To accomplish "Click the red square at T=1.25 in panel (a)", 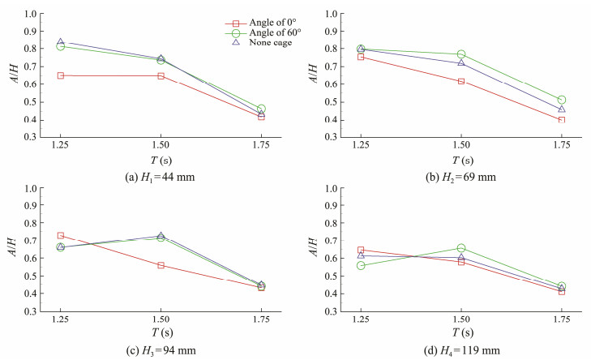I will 61,75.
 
